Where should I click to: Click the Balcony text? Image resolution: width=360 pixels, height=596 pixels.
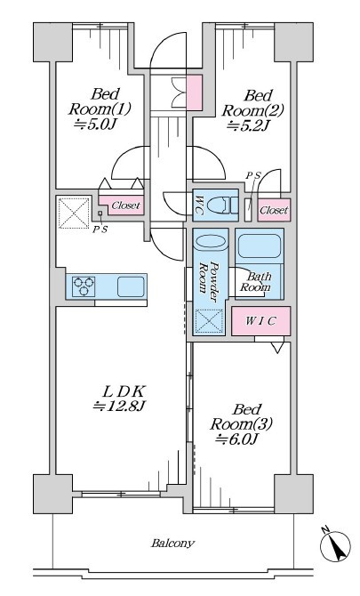pos(172,543)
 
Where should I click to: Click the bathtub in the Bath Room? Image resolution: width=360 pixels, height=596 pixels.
pos(260,246)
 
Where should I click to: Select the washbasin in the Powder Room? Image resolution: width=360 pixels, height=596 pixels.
pos(211,242)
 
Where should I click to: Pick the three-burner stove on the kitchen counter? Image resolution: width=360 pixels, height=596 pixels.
pos(84,286)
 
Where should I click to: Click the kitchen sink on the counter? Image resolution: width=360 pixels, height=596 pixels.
pos(131,286)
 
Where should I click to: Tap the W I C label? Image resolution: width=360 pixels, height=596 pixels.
pos(260,321)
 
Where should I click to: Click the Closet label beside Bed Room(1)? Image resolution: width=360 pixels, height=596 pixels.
pos(125,205)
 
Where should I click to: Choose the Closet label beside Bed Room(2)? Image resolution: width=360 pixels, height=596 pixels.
pos(274,210)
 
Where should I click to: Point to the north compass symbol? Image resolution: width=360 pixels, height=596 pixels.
pos(335,546)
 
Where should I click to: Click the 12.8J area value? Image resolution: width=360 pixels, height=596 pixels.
pos(119,406)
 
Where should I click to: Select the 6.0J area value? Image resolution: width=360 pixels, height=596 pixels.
pos(237,439)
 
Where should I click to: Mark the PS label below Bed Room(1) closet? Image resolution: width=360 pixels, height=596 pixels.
pos(100,230)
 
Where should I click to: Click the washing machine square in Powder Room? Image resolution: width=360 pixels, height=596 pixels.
pos(208,322)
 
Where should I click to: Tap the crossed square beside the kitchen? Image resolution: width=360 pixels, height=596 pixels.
pos(74,213)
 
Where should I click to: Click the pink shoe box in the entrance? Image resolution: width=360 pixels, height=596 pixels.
pos(195,93)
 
